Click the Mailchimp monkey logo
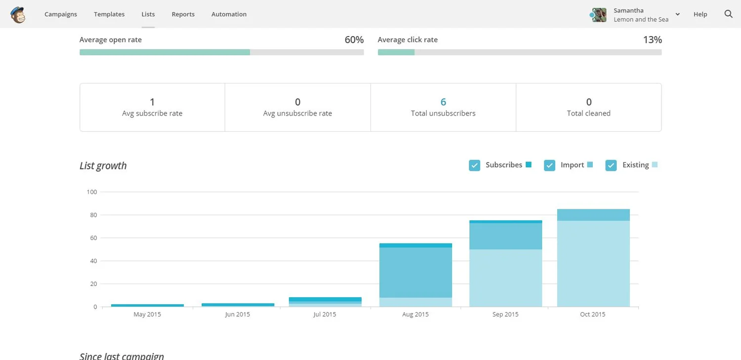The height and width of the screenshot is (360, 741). (18, 14)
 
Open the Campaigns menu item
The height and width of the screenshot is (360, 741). (61, 14)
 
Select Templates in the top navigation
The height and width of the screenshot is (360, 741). (109, 14)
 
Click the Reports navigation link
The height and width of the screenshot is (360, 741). (183, 14)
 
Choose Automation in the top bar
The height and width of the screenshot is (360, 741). (229, 14)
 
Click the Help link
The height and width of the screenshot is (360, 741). (700, 14)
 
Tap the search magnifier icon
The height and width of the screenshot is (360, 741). (728, 14)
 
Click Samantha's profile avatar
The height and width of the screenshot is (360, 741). (599, 15)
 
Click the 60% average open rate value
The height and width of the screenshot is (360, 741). (354, 40)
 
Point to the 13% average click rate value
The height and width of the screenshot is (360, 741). (652, 40)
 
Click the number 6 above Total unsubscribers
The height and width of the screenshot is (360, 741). (443, 102)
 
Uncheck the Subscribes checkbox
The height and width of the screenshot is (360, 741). (474, 165)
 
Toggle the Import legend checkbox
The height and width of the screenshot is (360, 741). (549, 165)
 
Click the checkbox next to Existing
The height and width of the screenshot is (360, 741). (611, 165)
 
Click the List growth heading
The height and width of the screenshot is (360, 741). (103, 166)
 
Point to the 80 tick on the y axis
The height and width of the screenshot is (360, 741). (92, 215)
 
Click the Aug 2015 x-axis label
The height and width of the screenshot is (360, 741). (415, 315)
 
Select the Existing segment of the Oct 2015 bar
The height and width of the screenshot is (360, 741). (593, 264)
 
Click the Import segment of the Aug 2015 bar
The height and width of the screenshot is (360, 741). (415, 273)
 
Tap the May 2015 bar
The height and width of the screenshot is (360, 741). (147, 305)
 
